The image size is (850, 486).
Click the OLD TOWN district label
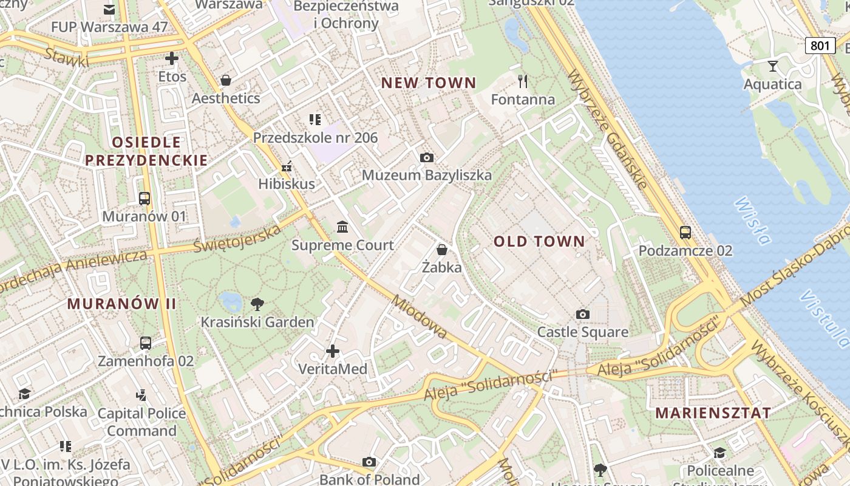click(x=539, y=241)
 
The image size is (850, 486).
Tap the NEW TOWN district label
click(x=429, y=83)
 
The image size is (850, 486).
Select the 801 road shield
click(x=820, y=45)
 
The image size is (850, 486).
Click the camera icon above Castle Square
click(x=583, y=314)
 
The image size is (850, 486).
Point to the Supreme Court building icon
click(x=342, y=227)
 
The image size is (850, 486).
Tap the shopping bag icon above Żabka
click(x=442, y=249)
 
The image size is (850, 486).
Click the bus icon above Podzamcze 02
click(x=685, y=232)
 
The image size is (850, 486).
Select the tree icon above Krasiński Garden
click(x=257, y=304)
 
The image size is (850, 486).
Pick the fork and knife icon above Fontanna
click(x=523, y=81)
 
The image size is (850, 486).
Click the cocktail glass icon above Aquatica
click(x=773, y=66)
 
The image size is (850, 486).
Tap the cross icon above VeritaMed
click(x=333, y=351)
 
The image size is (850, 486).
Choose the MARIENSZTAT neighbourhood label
click(x=713, y=413)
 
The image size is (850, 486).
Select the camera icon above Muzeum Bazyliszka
click(x=427, y=157)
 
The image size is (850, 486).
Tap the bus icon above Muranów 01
click(x=144, y=198)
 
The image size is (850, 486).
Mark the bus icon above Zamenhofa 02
click(x=146, y=343)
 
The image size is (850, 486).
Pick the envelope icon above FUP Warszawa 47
click(x=109, y=9)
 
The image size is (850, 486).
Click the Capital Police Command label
click(x=141, y=422)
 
